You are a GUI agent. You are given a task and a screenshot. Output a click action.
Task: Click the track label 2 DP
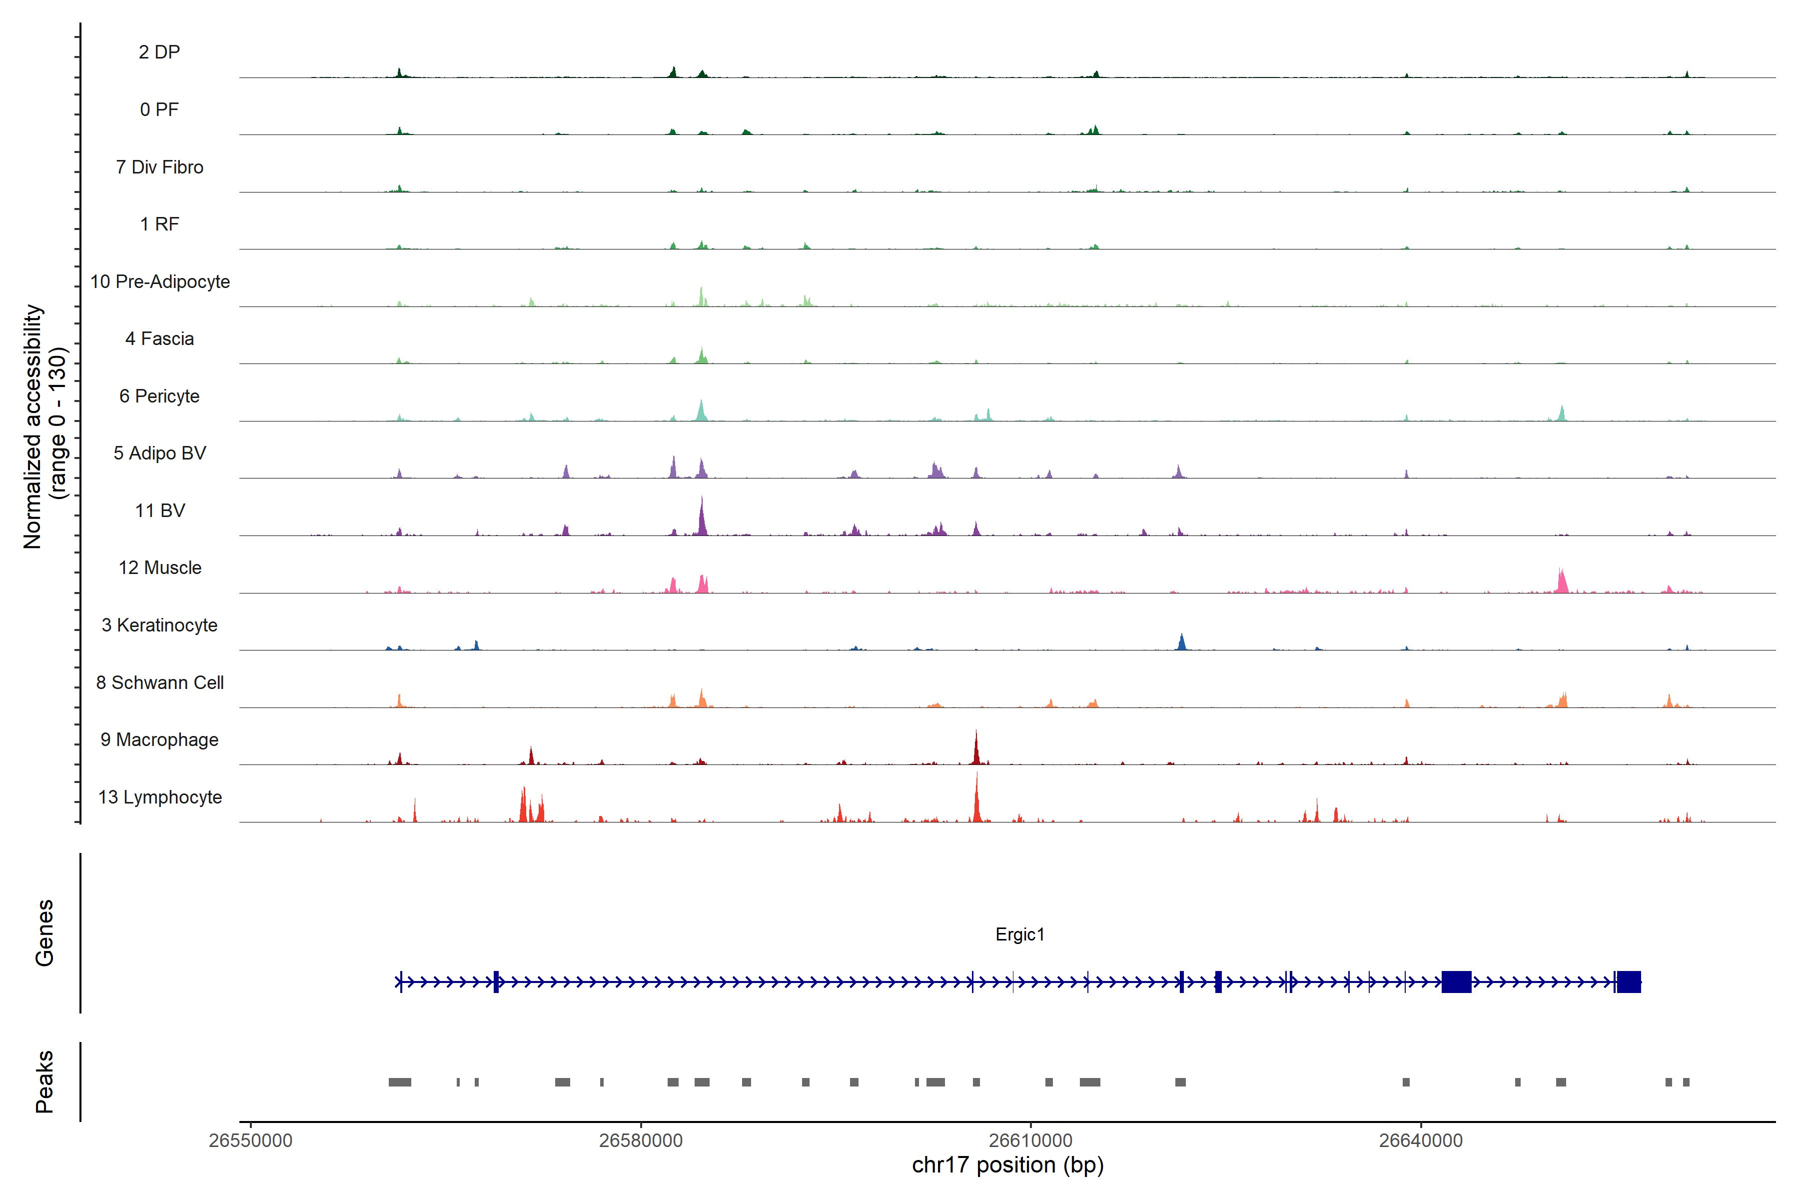pyautogui.click(x=159, y=52)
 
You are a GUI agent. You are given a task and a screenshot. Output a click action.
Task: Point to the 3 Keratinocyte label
pyautogui.click(x=159, y=625)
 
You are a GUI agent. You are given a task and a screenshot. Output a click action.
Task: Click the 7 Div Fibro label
pyautogui.click(x=159, y=167)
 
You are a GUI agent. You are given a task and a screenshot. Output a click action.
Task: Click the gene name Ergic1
pyautogui.click(x=1019, y=934)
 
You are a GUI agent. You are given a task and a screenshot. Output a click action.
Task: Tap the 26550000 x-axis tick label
pyautogui.click(x=250, y=1140)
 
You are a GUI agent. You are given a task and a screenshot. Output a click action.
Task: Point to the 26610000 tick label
pyautogui.click(x=1030, y=1140)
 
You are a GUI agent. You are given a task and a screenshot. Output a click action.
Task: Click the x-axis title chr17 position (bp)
pyautogui.click(x=1007, y=1165)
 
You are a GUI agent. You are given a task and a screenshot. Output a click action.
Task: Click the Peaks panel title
pyautogui.click(x=44, y=1081)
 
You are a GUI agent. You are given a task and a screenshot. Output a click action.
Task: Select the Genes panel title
pyautogui.click(x=44, y=933)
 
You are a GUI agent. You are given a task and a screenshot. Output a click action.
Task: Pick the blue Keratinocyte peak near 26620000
pyautogui.click(x=1182, y=641)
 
